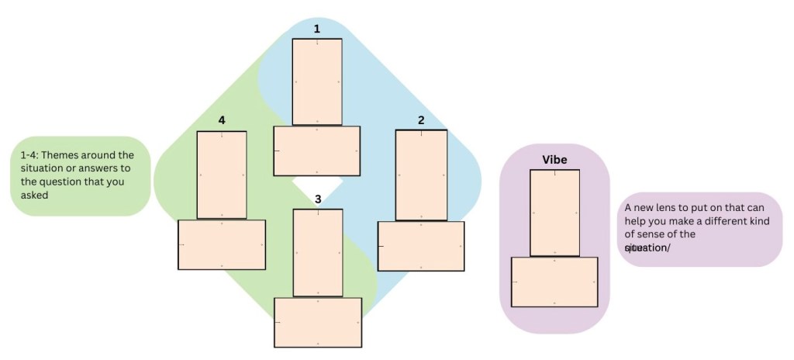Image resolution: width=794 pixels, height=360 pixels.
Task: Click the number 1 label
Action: pos(316,29)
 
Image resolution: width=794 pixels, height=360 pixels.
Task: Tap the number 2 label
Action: pos(421,120)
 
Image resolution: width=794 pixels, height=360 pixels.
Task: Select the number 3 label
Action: pos(318,199)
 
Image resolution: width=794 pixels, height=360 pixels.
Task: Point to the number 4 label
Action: pos(222,120)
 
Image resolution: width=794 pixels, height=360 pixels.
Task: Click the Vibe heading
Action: pos(554,160)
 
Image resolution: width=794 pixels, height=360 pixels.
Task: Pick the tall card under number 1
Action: pos(316,81)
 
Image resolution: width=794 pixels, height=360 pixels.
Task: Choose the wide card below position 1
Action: pos(316,151)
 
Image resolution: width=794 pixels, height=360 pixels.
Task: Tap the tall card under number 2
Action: pos(421,175)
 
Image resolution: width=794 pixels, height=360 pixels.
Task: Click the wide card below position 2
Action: pos(421,246)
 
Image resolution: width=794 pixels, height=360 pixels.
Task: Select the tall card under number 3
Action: pos(318,252)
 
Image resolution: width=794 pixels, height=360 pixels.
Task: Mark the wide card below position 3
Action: pos(318,322)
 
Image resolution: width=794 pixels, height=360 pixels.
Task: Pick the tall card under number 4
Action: pos(222,175)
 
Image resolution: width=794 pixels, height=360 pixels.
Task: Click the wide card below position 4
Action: pos(222,244)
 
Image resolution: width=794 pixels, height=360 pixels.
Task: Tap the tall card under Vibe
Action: pos(554,213)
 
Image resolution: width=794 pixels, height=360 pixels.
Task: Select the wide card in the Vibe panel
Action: pos(554,282)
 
